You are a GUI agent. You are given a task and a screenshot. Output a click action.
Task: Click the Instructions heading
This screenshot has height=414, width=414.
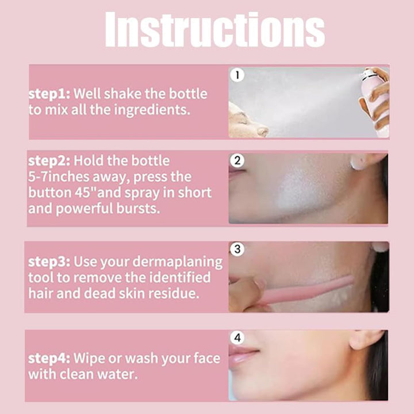point(214,29)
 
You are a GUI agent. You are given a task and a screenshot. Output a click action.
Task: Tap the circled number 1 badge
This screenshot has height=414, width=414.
point(237,75)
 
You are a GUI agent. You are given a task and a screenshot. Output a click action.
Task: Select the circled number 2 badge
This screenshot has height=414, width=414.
point(237,160)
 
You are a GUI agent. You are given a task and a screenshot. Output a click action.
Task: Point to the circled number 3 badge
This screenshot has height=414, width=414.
point(237,249)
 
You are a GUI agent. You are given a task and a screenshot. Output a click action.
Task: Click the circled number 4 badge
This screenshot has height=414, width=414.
point(237,338)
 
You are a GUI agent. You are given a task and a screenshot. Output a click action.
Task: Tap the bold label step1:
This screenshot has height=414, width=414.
point(49,94)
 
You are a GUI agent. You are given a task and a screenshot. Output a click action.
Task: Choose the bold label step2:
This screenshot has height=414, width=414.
point(49,161)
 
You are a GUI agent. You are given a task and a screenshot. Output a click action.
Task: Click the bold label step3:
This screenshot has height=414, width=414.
point(49,262)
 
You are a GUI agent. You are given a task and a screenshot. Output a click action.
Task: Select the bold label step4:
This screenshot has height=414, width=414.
point(49,359)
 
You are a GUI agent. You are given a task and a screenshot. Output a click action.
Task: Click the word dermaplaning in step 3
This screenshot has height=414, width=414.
point(178,262)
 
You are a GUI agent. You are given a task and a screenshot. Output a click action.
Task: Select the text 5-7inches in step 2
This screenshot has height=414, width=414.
point(59,177)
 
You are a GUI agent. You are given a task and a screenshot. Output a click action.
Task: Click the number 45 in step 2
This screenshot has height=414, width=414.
point(83,193)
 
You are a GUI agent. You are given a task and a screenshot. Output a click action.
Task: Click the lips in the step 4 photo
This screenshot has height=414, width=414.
point(243,354)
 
